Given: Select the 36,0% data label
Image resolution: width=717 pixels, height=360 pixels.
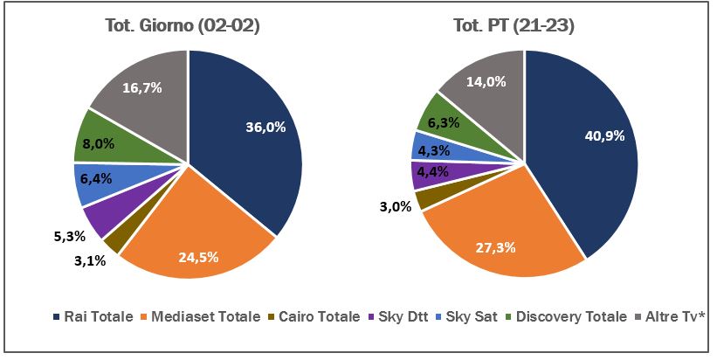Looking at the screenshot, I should click(265, 128).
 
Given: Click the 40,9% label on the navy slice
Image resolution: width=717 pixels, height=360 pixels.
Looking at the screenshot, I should click(603, 135).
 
